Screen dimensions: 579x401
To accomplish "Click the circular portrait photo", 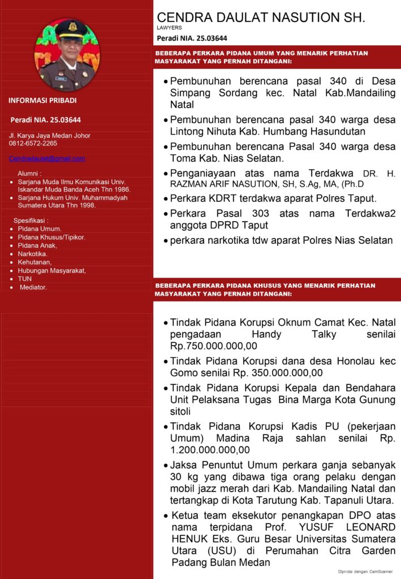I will click(x=67, y=55).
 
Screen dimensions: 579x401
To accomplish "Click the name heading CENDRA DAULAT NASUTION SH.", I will click(x=261, y=18).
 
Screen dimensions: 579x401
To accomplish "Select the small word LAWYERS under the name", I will click(x=169, y=27).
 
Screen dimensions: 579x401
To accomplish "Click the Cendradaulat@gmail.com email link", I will click(x=47, y=158).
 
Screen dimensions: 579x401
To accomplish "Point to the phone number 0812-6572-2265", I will click(x=33, y=144).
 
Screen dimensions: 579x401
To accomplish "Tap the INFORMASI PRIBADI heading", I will click(x=42, y=101).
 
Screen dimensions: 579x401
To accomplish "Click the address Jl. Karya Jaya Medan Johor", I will click(x=49, y=136).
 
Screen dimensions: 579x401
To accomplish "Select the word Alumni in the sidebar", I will click(x=29, y=174).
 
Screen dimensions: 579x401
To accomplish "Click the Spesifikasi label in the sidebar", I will click(x=31, y=220).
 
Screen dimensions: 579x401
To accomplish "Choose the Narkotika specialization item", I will click(x=32, y=254).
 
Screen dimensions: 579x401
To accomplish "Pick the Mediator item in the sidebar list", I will click(x=33, y=287).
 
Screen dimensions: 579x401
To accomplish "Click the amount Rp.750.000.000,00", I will click(x=214, y=345).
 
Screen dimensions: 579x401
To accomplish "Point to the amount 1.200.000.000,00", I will click(x=210, y=450).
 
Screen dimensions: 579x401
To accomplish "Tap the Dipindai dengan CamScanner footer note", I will click(x=365, y=572).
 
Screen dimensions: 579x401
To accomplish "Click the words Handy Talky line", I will click(x=283, y=334).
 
